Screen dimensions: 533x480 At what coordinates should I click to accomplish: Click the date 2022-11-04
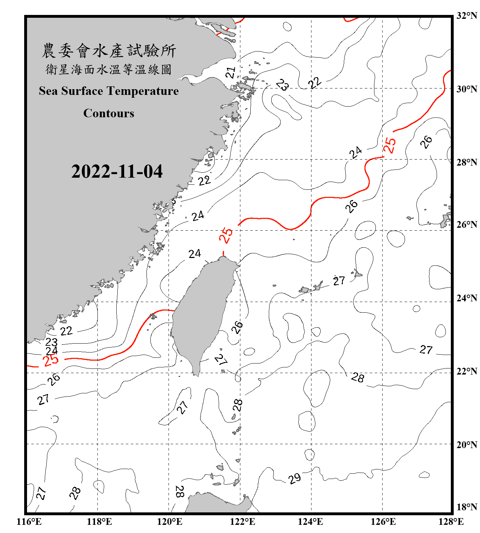pyautogui.click(x=117, y=171)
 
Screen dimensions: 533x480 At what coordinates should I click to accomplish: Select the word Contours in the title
pyautogui.click(x=109, y=113)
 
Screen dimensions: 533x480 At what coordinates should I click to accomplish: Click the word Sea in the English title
pyautogui.click(x=49, y=91)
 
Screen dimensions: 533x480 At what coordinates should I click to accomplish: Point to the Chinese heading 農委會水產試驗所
pyautogui.click(x=109, y=50)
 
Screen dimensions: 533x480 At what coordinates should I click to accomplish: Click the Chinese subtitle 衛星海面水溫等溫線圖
pyautogui.click(x=109, y=69)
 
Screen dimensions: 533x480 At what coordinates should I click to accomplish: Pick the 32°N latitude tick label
pyautogui.click(x=467, y=16)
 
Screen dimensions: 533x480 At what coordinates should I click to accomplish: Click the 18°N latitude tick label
pyautogui.click(x=467, y=507)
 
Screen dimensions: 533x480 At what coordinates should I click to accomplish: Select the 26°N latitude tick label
pyautogui.click(x=467, y=225)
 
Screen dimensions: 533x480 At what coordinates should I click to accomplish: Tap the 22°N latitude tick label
pyautogui.click(x=467, y=371)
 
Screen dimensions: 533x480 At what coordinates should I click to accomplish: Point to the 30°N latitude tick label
pyautogui.click(x=467, y=89)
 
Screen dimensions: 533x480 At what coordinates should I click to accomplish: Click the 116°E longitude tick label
pyautogui.click(x=29, y=522)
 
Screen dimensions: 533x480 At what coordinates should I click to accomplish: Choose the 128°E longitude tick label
pyautogui.click(x=451, y=522)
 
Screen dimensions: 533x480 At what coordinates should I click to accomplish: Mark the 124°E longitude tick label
pyautogui.click(x=310, y=522)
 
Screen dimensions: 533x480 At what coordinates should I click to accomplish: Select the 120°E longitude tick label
pyautogui.click(x=170, y=522)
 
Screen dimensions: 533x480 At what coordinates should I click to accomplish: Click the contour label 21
pyautogui.click(x=231, y=73)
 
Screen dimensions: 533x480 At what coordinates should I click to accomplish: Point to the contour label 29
pyautogui.click(x=294, y=479)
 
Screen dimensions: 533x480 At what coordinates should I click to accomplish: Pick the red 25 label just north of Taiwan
pyautogui.click(x=226, y=235)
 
